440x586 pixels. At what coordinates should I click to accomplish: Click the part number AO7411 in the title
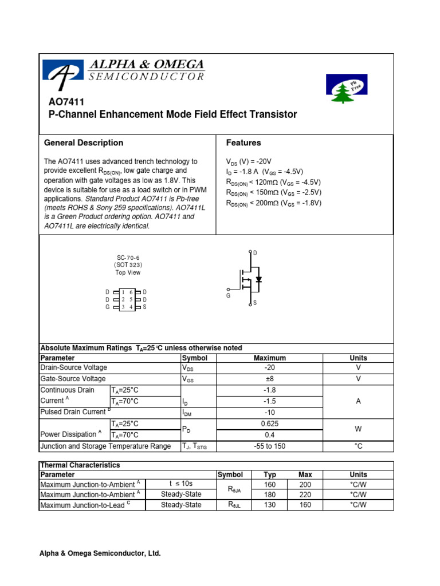(x=66, y=102)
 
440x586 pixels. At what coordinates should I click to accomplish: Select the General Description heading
(x=84, y=143)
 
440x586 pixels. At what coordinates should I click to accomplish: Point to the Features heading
(x=243, y=143)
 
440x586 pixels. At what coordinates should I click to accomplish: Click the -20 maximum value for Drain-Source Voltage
(x=270, y=368)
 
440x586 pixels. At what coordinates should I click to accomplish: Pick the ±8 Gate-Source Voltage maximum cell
(x=270, y=379)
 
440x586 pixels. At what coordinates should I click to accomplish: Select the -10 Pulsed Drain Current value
(x=270, y=413)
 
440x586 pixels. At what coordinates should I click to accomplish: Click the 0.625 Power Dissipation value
(x=270, y=424)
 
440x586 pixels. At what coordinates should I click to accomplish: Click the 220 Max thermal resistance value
(x=305, y=494)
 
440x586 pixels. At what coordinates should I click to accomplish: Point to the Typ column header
(x=269, y=475)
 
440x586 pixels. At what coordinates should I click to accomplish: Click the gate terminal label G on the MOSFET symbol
(x=228, y=296)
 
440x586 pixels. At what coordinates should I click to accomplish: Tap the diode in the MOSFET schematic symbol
(x=259, y=280)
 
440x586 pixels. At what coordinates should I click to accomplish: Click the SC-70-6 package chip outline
(x=127, y=300)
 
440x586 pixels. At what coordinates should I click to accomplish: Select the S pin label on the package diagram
(x=145, y=307)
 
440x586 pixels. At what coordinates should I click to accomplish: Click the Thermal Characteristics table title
(x=80, y=465)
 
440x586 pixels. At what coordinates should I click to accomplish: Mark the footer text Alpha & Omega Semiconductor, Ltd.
(x=100, y=553)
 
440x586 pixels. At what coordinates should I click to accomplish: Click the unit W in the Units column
(x=358, y=429)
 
